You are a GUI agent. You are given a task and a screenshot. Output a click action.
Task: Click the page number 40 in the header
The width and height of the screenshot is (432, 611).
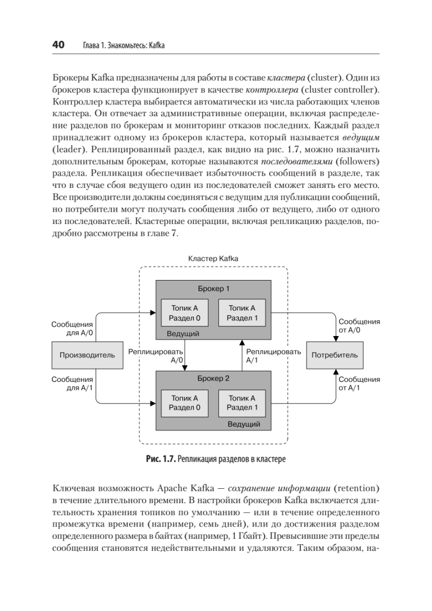(58, 45)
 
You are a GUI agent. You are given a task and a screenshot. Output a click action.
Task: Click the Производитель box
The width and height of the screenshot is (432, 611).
(87, 355)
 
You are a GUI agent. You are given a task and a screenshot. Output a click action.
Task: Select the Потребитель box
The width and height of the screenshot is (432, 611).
(334, 355)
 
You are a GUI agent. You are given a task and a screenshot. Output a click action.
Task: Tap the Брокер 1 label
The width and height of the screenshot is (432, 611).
(214, 289)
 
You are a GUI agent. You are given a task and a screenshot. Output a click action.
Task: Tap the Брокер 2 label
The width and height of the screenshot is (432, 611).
(214, 378)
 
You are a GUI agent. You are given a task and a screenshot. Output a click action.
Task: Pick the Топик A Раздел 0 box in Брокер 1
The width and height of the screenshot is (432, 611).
(184, 313)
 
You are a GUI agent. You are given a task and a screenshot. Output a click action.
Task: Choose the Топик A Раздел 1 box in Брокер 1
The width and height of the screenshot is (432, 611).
(242, 313)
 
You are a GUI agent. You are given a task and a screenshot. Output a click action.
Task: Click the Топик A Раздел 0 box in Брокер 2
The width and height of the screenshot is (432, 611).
(184, 403)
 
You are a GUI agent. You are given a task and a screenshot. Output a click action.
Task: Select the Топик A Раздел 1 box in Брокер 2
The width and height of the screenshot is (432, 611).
(242, 403)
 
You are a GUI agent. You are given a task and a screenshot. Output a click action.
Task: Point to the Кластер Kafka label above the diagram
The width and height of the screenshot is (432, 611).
(213, 259)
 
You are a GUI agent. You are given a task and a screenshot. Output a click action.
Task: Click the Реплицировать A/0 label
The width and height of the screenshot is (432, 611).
(156, 355)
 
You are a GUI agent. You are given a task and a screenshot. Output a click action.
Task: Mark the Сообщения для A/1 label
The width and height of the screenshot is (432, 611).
(72, 383)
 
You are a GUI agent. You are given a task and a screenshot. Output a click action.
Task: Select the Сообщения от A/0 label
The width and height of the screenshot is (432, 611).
(359, 326)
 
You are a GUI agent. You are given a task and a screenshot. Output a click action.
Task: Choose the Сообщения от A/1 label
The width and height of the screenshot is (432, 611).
(359, 383)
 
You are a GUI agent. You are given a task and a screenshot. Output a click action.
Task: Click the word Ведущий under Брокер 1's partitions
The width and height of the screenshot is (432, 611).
(183, 334)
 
